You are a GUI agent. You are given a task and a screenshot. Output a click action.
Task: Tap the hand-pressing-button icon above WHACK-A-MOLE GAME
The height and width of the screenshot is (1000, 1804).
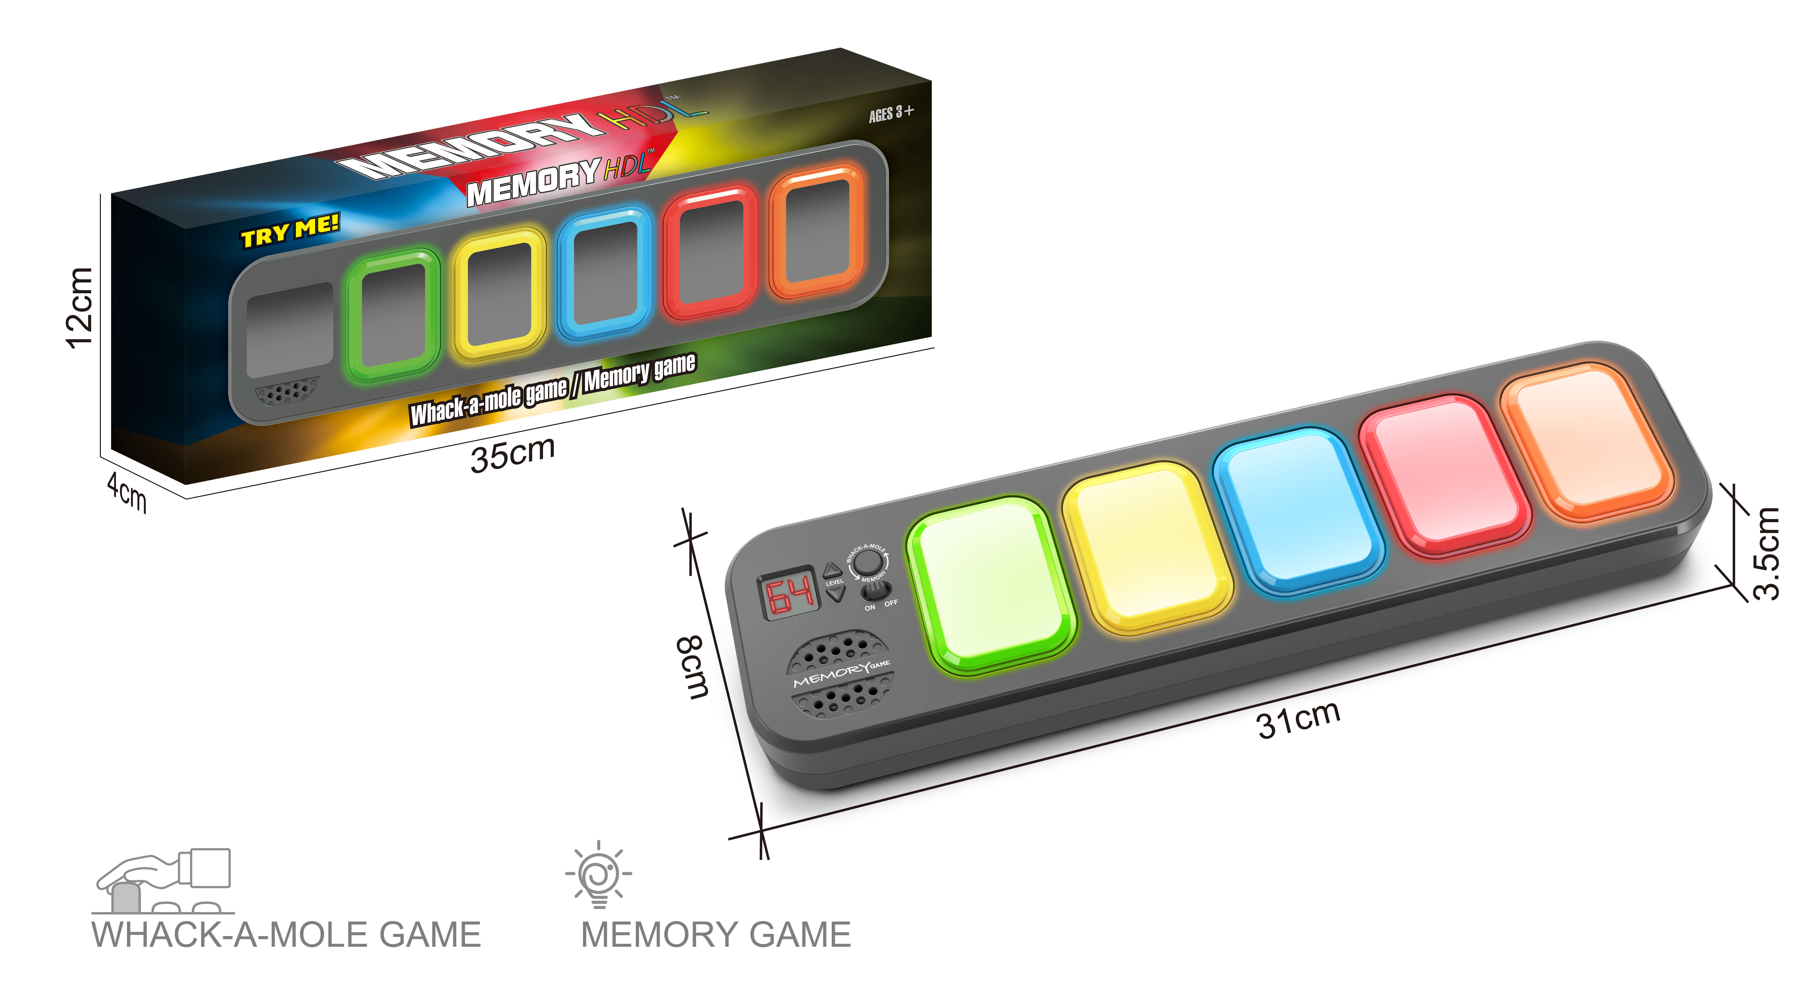coord(163,881)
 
